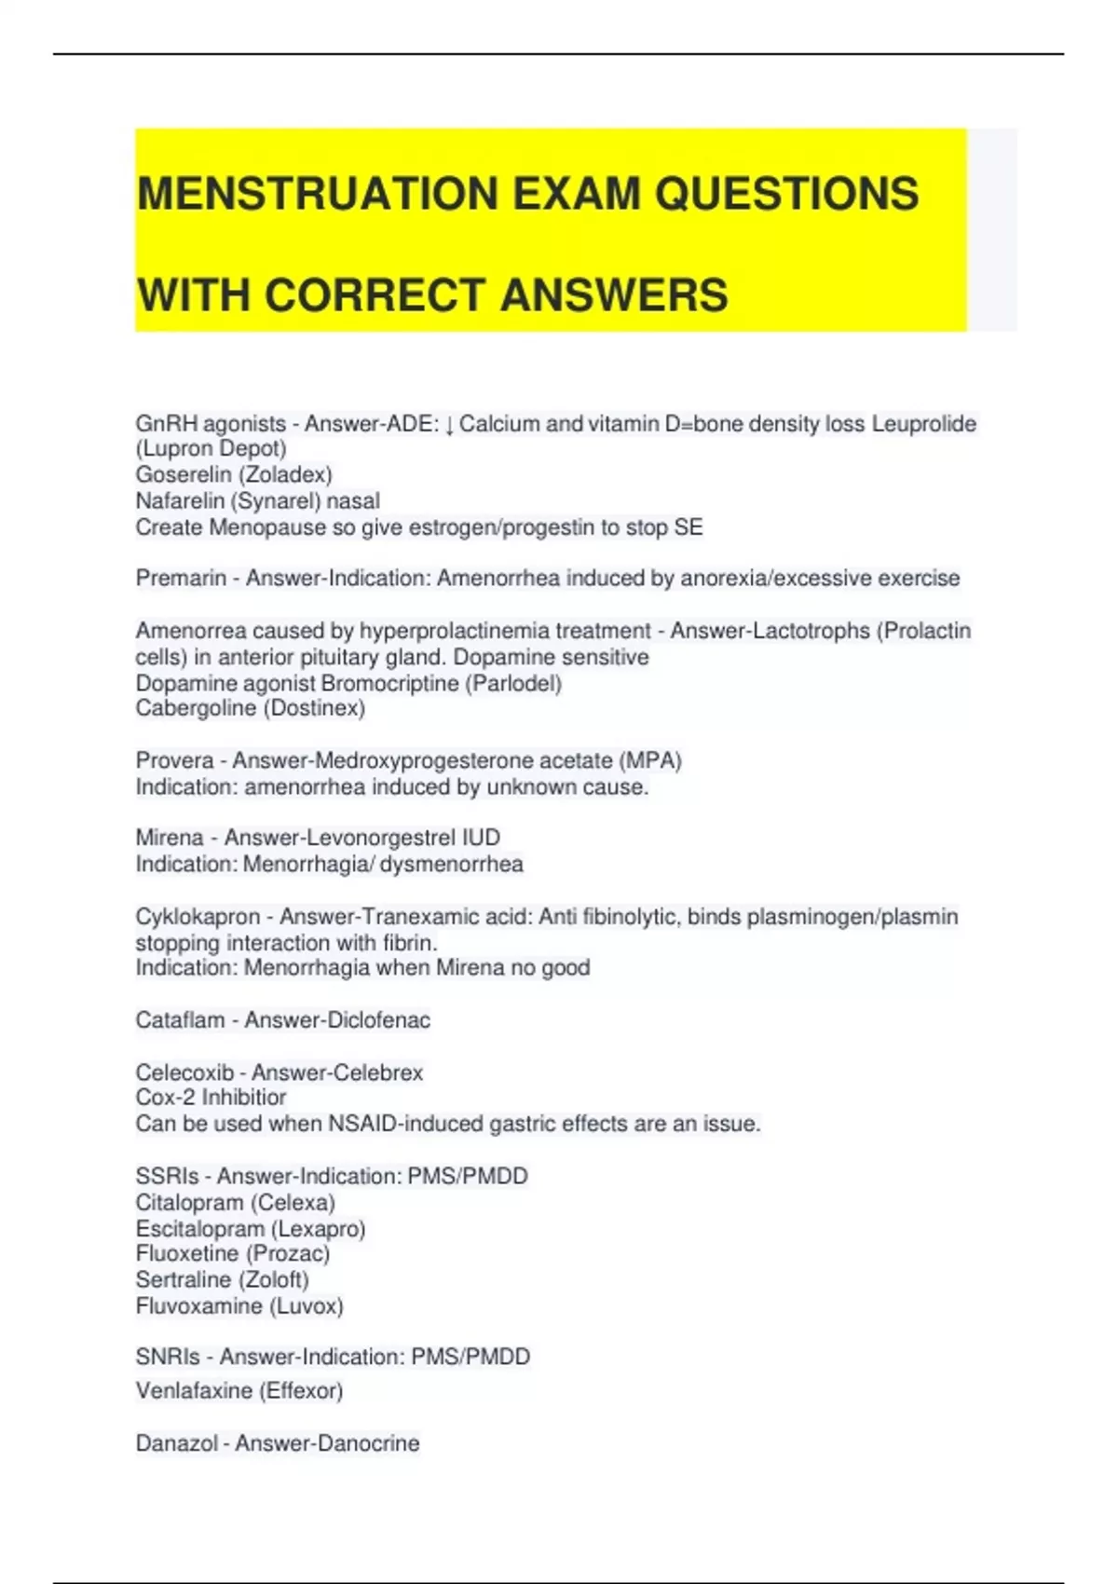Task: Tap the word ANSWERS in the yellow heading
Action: pyautogui.click(x=614, y=295)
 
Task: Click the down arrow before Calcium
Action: pyautogui.click(x=449, y=425)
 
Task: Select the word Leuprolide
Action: pyautogui.click(x=923, y=424)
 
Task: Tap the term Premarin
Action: pyautogui.click(x=180, y=579)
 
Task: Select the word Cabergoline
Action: pyautogui.click(x=196, y=709)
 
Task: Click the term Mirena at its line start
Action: pyautogui.click(x=169, y=838)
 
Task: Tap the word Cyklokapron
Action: pyautogui.click(x=198, y=918)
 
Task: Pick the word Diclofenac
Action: pyautogui.click(x=377, y=1020)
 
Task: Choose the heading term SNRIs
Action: pyautogui.click(x=167, y=1357)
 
